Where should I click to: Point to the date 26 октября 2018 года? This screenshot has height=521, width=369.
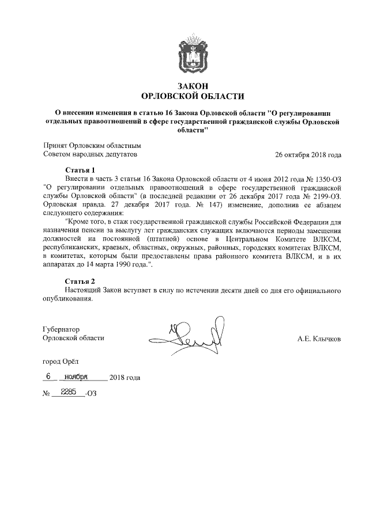(308, 155)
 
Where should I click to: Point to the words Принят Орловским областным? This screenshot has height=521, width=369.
(92, 146)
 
